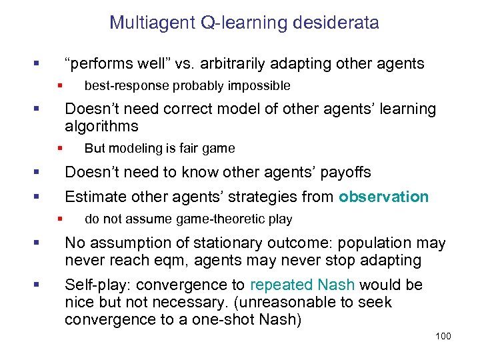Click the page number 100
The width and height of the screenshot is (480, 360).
(443, 336)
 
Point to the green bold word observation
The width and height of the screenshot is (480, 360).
(383, 197)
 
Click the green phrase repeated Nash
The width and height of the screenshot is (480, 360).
(303, 285)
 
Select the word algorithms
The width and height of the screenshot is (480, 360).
(101, 127)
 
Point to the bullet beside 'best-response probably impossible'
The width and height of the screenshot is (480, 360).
(59, 85)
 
